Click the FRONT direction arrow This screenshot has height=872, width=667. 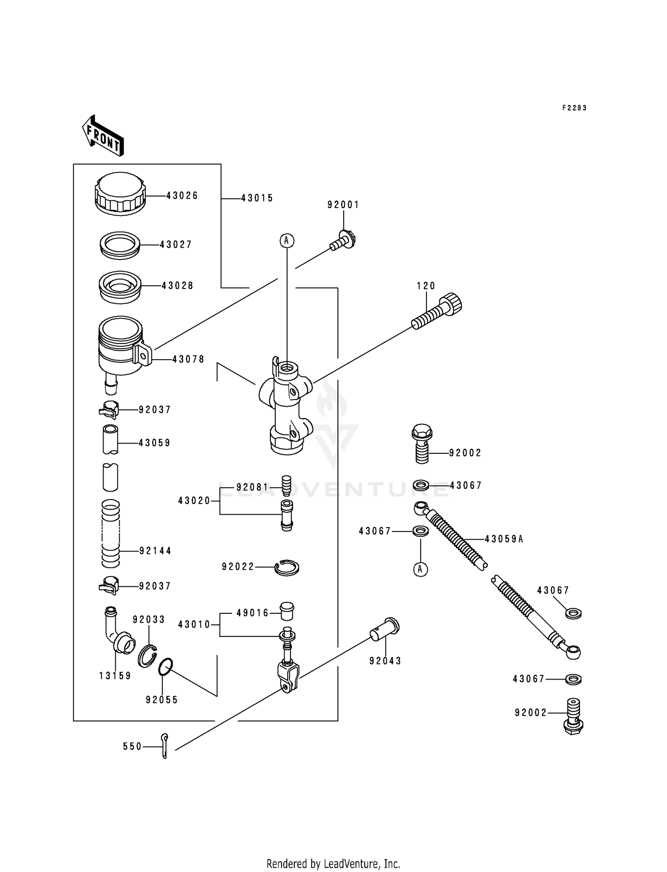[x=103, y=136]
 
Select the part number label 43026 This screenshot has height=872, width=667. [x=182, y=196]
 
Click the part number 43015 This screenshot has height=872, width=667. [x=257, y=198]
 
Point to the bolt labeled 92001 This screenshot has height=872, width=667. [x=344, y=240]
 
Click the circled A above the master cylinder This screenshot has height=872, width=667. [x=287, y=240]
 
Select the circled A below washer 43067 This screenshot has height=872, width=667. [x=421, y=569]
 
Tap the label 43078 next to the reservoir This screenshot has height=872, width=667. [x=189, y=359]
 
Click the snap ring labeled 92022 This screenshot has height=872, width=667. [x=287, y=568]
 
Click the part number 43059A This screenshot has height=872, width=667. [x=504, y=539]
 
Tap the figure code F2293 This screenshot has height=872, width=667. [x=574, y=108]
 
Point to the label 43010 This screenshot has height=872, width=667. [x=194, y=624]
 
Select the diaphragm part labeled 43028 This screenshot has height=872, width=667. [x=120, y=287]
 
